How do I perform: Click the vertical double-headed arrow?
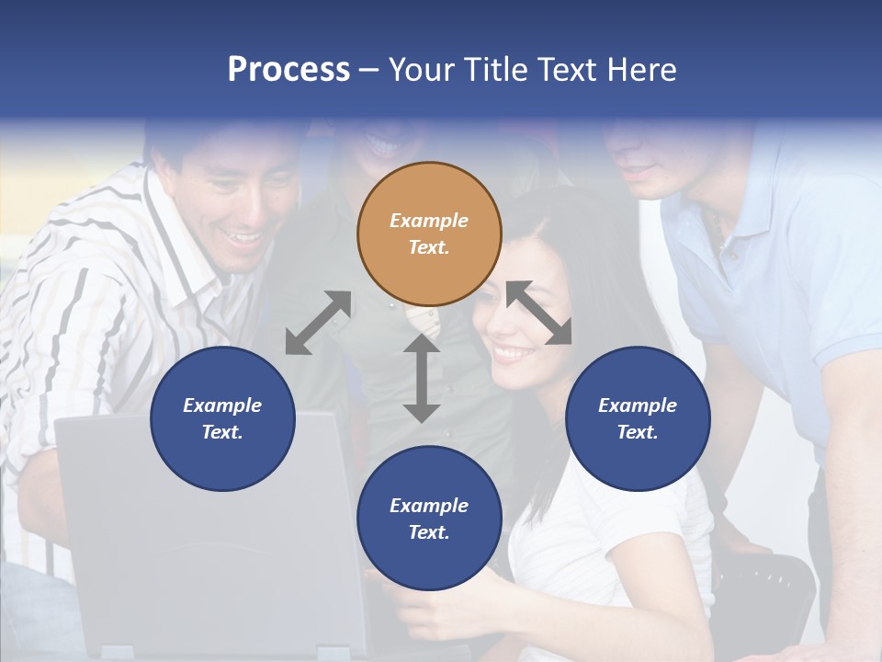[x=422, y=377]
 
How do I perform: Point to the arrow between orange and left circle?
[x=318, y=323]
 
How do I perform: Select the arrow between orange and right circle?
[x=539, y=314]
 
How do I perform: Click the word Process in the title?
[x=288, y=70]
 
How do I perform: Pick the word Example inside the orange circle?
[x=429, y=221]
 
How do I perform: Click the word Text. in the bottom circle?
[x=429, y=532]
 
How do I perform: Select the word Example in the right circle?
[x=638, y=405]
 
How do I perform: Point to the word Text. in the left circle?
[x=222, y=432]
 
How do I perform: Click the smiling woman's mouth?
[x=512, y=351]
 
